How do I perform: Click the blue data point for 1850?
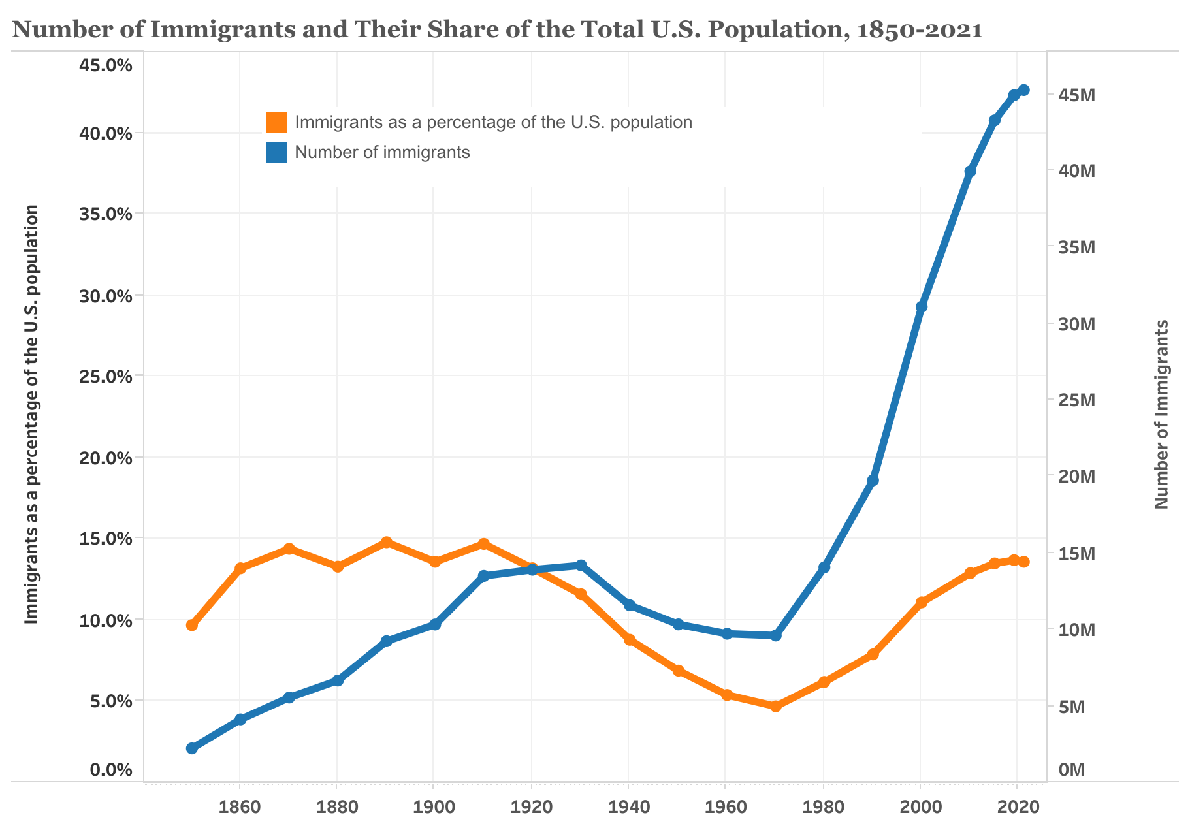(x=191, y=748)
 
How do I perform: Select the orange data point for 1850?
(x=191, y=625)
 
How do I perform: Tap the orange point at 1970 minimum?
(x=775, y=706)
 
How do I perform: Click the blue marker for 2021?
(x=1023, y=90)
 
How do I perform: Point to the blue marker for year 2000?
(x=921, y=307)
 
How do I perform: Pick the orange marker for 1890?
(x=386, y=542)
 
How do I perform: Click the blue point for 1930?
(x=581, y=565)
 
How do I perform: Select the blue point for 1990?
(x=873, y=481)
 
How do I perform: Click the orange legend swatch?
(x=277, y=122)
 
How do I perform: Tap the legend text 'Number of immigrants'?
(x=382, y=152)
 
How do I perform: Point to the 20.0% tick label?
(x=105, y=458)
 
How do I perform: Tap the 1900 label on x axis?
(x=433, y=807)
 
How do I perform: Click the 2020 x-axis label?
(x=1017, y=807)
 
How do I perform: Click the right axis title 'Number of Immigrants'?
(x=1161, y=414)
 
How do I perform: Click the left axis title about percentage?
(x=32, y=414)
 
